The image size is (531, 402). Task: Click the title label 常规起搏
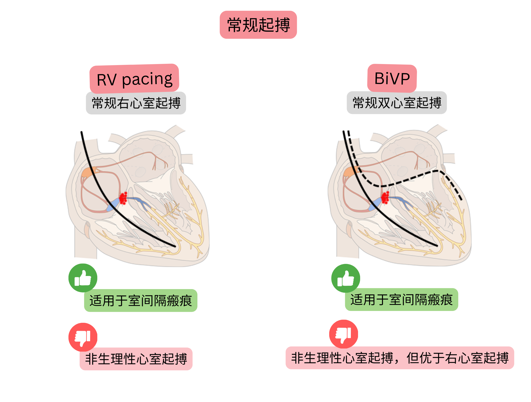258,25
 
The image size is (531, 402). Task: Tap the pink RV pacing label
134,79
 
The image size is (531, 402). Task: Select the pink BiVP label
392,78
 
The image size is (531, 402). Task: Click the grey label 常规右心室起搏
136,103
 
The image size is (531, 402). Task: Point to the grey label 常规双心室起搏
397,103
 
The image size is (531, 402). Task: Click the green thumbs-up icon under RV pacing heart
83,278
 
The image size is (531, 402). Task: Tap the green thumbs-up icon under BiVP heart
346,278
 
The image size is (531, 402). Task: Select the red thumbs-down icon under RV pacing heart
83,337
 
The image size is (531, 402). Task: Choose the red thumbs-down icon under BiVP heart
344,334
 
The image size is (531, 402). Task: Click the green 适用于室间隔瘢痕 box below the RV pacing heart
141,300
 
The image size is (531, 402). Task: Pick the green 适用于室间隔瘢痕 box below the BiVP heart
401,300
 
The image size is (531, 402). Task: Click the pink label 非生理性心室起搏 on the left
136,359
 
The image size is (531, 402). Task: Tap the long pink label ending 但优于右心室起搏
400,358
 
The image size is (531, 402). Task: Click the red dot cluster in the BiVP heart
385,198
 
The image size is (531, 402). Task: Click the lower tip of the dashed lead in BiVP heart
462,200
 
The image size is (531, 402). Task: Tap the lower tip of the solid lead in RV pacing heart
175,246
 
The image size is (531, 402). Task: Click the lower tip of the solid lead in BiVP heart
437,246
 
